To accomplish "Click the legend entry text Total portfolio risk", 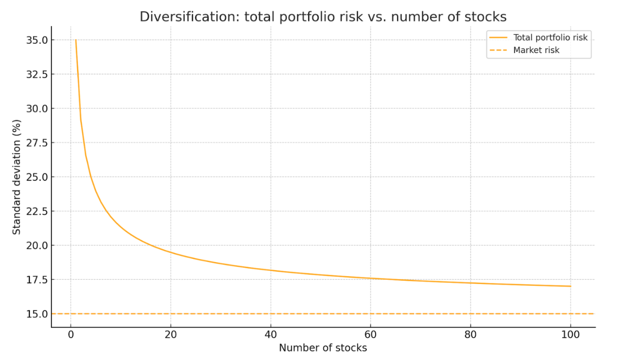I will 550,37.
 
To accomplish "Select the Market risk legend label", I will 536,50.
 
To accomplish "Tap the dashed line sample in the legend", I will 498,50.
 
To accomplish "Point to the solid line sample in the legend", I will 498,37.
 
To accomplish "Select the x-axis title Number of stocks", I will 323,348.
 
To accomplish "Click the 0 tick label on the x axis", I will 71,335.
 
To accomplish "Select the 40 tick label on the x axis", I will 271,335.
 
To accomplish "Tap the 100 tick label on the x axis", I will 570,335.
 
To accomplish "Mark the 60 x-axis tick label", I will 370,335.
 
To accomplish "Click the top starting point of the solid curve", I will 75,40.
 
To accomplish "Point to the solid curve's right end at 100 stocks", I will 570,286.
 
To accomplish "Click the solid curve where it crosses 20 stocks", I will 171,253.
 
